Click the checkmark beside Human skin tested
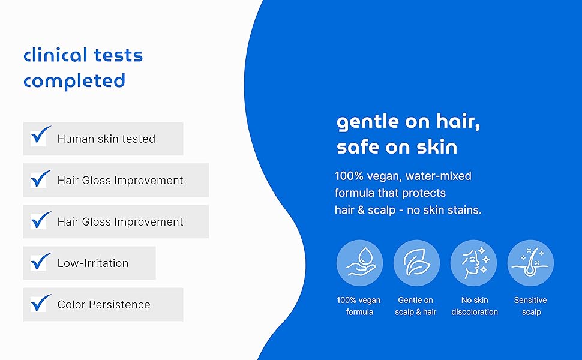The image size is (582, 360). [40, 135]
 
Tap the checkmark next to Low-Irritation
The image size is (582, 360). [40, 261]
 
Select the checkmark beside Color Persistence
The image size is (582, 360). [40, 303]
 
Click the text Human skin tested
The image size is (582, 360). [106, 139]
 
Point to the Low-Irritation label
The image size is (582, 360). [93, 263]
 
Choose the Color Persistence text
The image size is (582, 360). [104, 305]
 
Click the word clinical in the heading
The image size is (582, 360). [55, 55]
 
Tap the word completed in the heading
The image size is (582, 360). [74, 81]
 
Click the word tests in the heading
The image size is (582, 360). [118, 56]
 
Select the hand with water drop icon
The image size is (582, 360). [359, 263]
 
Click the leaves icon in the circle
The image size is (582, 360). [416, 263]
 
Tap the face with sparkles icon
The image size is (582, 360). [473, 263]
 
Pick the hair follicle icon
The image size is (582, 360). [530, 263]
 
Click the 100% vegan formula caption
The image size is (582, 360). [359, 306]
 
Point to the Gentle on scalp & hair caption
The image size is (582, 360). [416, 306]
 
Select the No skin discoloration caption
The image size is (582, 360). [475, 306]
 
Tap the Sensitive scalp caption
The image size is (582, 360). [531, 306]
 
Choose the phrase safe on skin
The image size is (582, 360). [397, 147]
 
